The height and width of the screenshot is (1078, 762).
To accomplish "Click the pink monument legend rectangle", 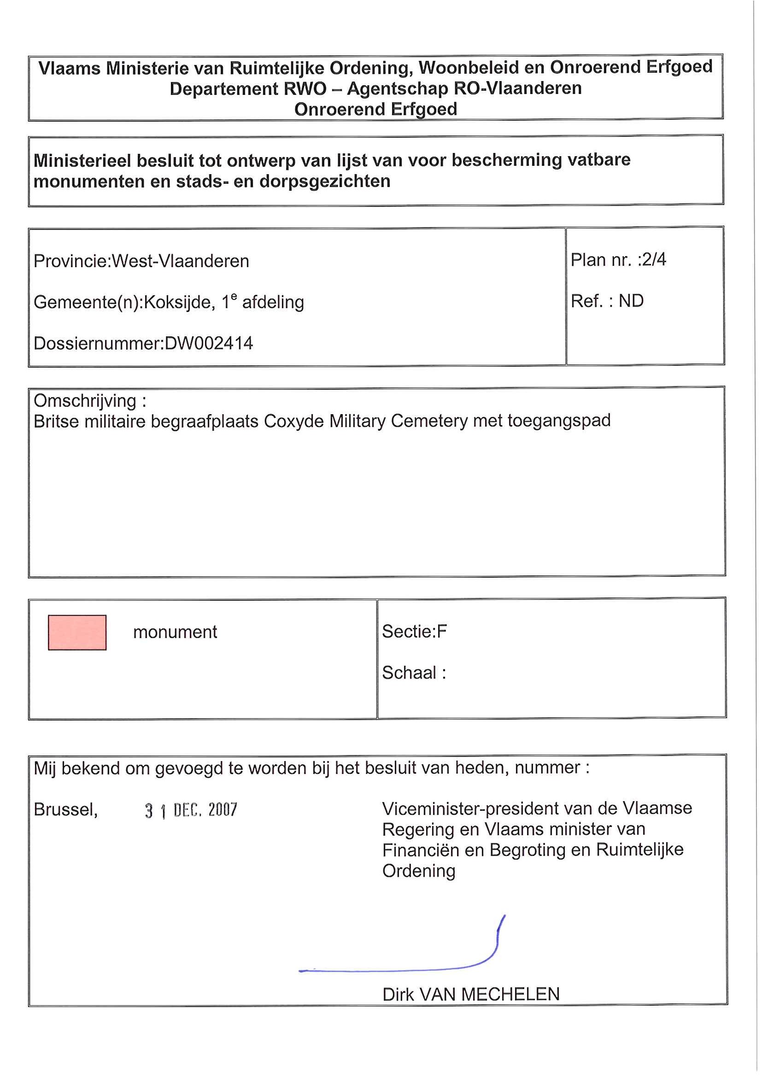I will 77,632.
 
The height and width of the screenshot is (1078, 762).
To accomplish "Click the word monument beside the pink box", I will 175,632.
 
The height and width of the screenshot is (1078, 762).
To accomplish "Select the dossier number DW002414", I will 209,343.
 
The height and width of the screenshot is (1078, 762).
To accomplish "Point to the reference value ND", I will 631,301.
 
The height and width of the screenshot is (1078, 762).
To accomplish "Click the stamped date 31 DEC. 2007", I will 191,810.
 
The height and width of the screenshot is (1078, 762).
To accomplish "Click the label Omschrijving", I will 84,400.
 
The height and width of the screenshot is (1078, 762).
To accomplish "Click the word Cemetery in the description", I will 429,421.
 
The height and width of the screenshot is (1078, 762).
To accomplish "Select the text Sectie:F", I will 414,632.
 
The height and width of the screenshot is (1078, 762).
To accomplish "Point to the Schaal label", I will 409,673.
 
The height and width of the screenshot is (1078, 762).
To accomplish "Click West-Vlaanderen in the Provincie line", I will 180,261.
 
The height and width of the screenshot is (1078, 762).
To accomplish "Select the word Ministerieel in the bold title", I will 82,161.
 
